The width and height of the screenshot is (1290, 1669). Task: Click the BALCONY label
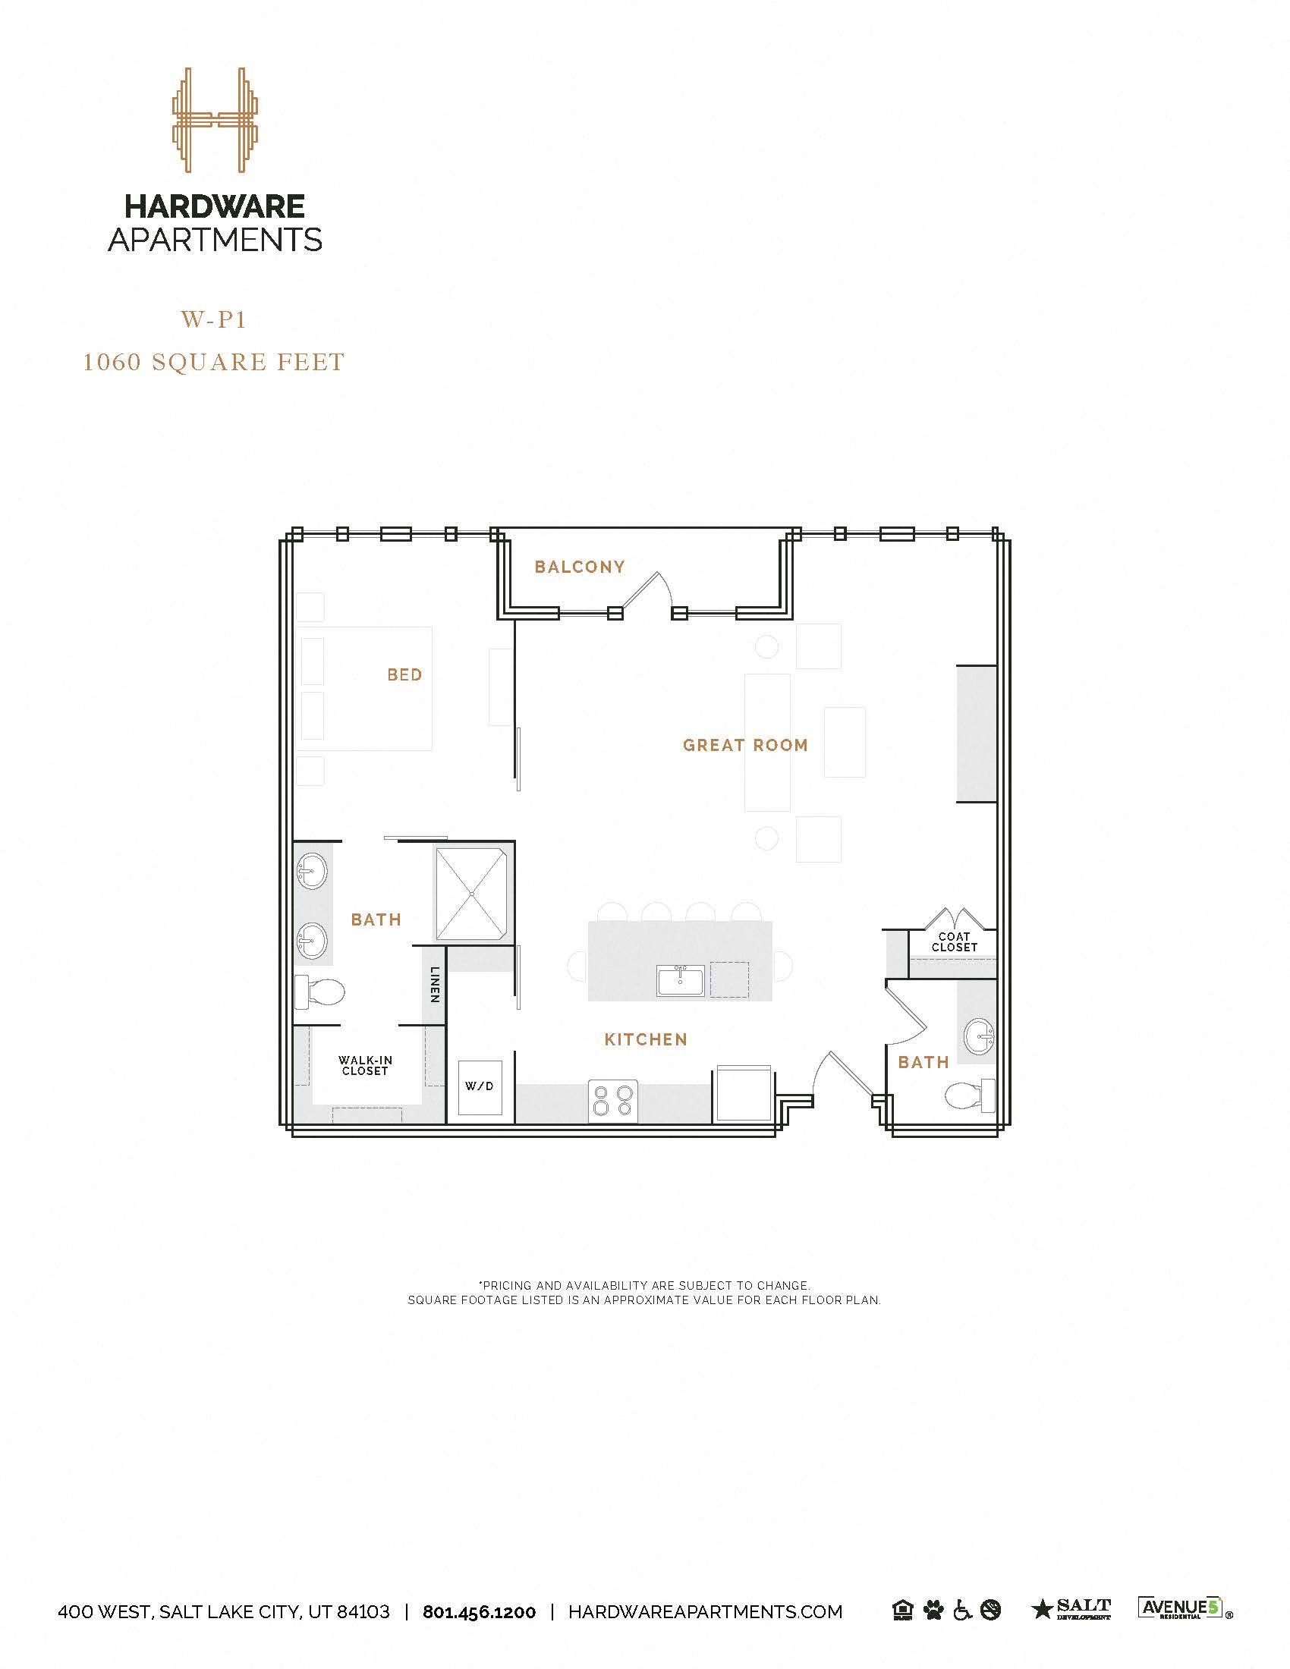579,566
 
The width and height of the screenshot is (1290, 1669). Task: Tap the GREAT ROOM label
745,745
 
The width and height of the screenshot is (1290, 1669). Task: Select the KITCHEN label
646,1039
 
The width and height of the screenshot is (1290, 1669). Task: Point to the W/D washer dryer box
480,1086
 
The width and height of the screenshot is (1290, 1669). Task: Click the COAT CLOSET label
955,941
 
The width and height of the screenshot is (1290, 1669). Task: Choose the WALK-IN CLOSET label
365,1065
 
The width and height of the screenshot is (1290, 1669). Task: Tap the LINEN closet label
435,984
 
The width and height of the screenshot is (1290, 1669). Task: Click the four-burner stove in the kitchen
613,1102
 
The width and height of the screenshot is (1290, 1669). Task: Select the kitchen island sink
680,980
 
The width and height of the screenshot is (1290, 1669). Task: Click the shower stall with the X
471,894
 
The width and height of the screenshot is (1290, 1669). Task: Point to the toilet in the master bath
320,992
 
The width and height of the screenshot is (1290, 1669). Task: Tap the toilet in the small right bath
968,1096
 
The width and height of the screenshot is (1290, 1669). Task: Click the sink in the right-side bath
978,1036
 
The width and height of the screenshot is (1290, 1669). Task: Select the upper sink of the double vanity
312,869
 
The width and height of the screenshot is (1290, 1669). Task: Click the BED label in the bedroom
404,674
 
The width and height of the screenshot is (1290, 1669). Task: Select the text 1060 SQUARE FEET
214,361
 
